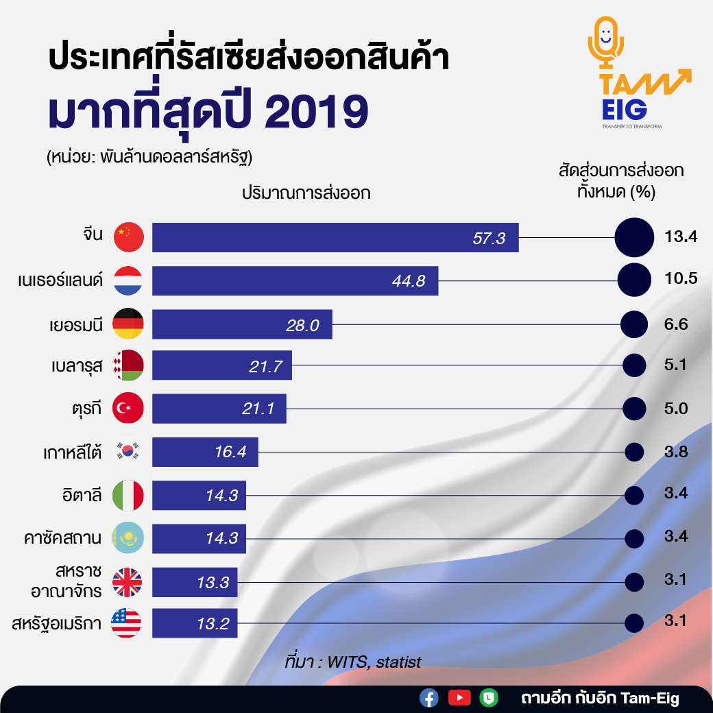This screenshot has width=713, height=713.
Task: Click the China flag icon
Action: pos(128,237)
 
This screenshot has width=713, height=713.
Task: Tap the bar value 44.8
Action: pos(410,280)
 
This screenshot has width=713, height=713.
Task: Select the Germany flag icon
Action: pos(128,324)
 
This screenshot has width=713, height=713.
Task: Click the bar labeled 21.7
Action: pos(222,366)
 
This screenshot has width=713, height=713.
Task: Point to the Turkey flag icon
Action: pos(128,409)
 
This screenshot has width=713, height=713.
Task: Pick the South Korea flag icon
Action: pos(128,452)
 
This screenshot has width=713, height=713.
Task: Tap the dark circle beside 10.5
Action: pos(634,280)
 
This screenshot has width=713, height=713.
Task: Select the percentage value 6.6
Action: pos(676,324)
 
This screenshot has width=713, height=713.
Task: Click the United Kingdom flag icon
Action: pos(128,581)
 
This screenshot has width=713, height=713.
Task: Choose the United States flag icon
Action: pos(128,623)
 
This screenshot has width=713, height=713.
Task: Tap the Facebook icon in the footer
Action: pos(429,698)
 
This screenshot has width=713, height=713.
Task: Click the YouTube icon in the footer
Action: pos(459,698)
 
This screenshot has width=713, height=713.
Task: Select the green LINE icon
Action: pos(489,698)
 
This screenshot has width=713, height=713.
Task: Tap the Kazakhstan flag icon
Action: pos(128,538)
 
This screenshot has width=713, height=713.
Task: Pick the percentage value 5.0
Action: pos(676,409)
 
